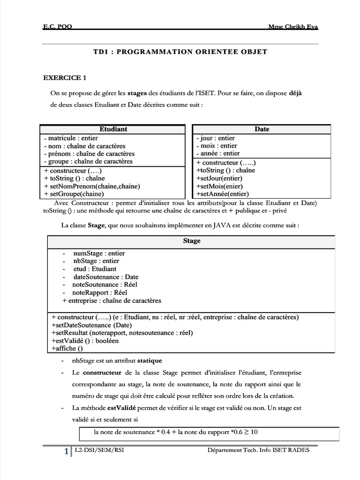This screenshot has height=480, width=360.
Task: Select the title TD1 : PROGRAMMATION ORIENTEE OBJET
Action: point(181,52)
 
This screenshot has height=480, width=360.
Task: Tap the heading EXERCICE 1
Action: point(65,78)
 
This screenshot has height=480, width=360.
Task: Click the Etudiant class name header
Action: point(113,129)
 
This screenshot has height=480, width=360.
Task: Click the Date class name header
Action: point(262,129)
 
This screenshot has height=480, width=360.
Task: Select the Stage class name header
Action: point(191,241)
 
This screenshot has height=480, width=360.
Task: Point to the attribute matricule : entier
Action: point(70,138)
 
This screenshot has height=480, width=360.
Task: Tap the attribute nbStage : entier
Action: point(96,261)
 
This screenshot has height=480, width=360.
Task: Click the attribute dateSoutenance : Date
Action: point(105,277)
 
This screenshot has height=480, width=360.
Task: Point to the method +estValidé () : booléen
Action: point(85,341)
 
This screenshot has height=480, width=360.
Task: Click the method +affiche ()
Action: point(67,348)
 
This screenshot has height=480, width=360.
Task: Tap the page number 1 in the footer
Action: point(66,451)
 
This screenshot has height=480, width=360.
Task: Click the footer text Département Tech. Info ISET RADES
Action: point(259,450)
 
